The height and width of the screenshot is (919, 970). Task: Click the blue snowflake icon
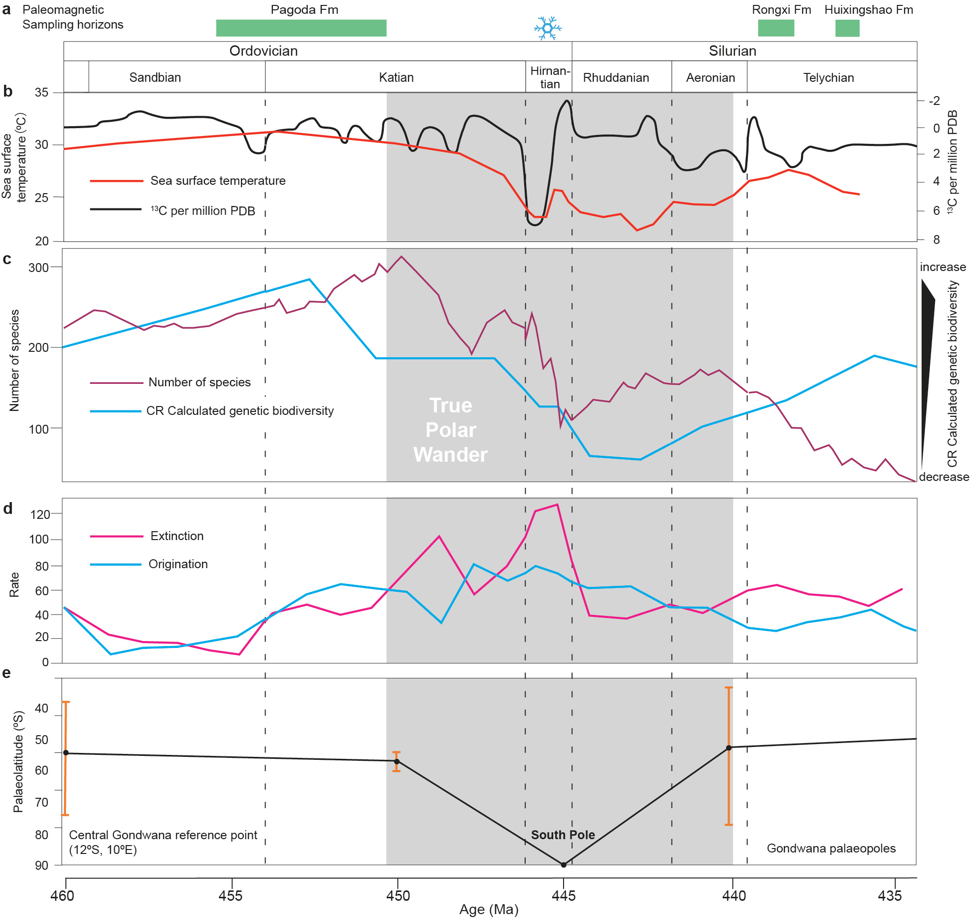[547, 28]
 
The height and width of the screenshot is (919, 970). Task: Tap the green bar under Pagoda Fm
[301, 28]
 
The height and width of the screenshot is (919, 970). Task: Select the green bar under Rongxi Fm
[775, 28]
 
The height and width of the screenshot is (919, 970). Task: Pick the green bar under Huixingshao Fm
[847, 28]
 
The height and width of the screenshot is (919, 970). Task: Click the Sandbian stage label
[155, 77]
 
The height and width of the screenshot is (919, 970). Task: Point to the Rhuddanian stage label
[616, 77]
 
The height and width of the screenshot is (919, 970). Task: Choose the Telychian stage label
[828, 77]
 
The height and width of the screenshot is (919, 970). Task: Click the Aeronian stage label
[710, 77]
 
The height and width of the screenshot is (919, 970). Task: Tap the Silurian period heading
[732, 51]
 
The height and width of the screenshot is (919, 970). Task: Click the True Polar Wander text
[450, 430]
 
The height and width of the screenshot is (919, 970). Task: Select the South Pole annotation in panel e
[563, 835]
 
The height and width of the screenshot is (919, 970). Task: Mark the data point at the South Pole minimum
[564, 864]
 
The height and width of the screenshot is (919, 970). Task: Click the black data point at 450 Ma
[397, 761]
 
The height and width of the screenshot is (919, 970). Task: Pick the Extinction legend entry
[177, 536]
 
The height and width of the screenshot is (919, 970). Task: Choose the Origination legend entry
[178, 564]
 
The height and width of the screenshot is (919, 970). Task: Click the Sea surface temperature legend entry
[218, 180]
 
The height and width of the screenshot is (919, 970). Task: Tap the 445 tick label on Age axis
[564, 895]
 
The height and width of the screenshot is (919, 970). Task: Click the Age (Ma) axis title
[489, 909]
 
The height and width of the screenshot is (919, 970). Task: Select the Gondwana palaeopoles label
[831, 848]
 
